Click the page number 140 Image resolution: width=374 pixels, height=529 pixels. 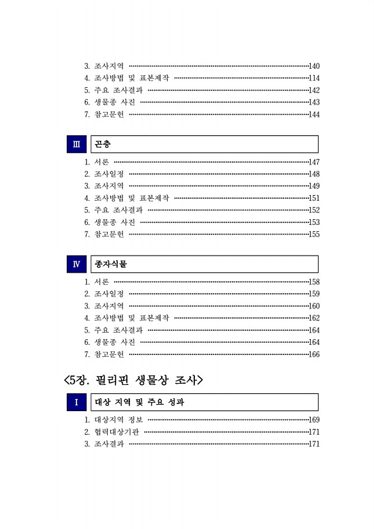tap(314, 66)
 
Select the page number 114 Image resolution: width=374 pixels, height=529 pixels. tap(314, 78)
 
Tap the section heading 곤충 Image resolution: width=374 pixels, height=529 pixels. tap(103, 144)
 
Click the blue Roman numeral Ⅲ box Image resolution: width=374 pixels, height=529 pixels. tap(76, 144)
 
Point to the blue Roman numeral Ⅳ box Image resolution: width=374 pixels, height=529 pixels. tap(76, 264)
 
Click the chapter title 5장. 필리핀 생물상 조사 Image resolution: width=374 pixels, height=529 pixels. tap(133, 380)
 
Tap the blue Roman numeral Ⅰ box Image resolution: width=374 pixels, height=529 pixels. tap(76, 402)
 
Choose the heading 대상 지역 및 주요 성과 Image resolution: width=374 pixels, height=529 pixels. tap(140, 402)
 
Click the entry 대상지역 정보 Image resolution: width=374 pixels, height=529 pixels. tap(118, 420)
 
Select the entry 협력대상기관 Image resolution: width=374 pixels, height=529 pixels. tap(116, 432)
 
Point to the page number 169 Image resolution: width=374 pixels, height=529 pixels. tap(314, 420)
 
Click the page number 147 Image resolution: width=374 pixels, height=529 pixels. tap(314, 163)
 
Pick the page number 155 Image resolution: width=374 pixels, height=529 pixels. tap(314, 235)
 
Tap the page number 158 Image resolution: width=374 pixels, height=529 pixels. tap(314, 282)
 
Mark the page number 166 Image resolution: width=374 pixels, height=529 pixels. tap(314, 354)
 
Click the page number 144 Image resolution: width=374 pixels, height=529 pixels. tap(314, 115)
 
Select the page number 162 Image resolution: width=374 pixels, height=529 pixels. tap(314, 318)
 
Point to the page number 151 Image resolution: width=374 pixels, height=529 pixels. tap(314, 198)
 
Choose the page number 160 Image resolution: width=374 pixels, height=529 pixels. tap(314, 306)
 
